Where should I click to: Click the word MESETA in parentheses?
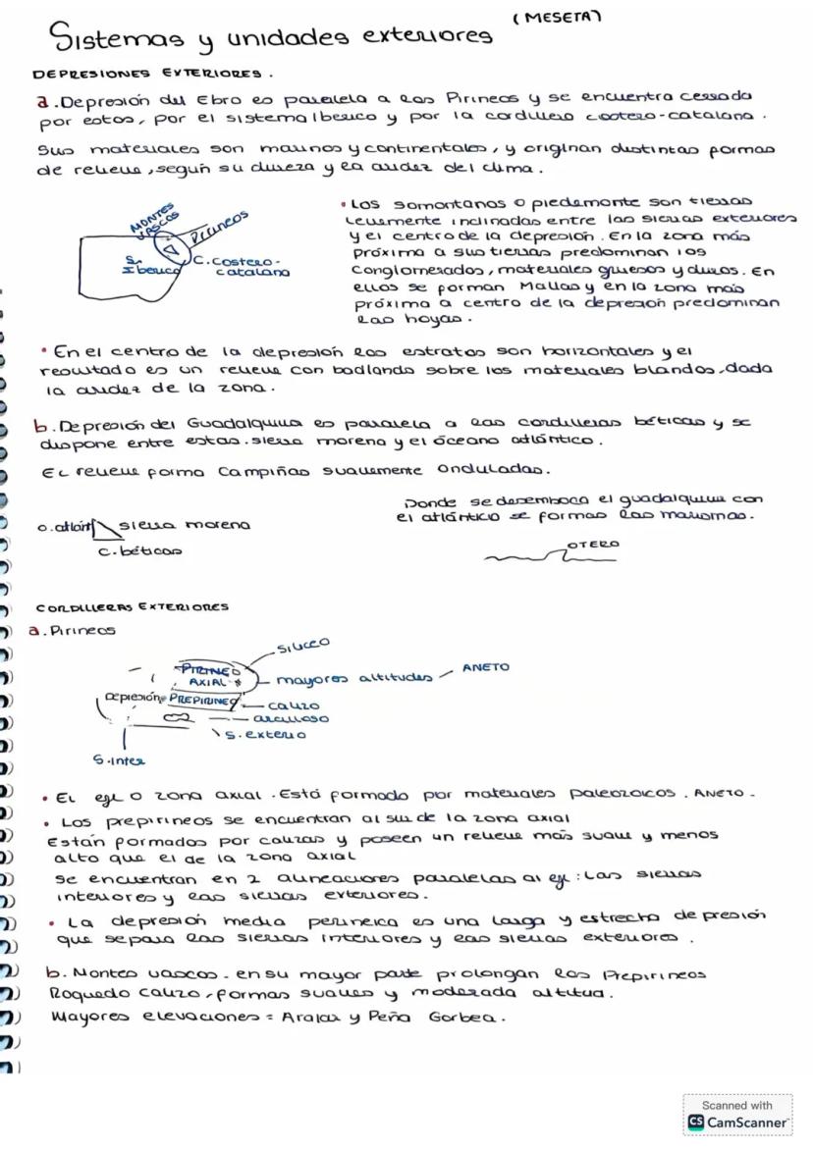click(557, 17)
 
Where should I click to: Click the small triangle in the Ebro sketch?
click(171, 248)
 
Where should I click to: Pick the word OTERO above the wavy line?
click(593, 544)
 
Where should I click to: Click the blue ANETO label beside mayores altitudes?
click(486, 667)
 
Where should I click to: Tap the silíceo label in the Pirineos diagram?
click(303, 645)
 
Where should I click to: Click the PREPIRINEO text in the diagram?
click(203, 702)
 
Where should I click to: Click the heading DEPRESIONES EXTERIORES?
click(151, 74)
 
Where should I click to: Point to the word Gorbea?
click(465, 1018)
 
